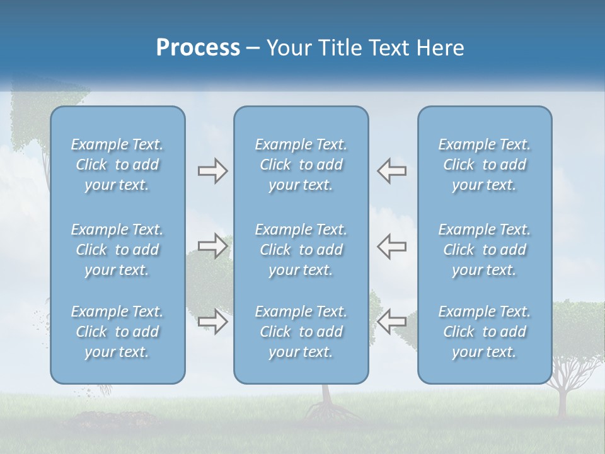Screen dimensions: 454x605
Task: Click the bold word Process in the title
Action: (198, 48)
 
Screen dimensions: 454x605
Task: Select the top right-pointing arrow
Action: (212, 171)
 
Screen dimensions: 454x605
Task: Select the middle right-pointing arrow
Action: (212, 246)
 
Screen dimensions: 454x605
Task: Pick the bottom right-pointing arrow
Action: (212, 322)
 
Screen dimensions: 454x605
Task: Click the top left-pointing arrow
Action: (391, 171)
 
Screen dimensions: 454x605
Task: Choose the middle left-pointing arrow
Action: (391, 246)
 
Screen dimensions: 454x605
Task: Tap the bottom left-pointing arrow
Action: (391, 322)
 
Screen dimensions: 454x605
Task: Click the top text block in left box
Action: (117, 165)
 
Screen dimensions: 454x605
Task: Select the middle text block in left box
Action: (117, 250)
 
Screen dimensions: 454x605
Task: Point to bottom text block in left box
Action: (117, 332)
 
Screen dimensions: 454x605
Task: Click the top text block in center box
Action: (301, 165)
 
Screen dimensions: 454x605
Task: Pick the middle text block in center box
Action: (301, 250)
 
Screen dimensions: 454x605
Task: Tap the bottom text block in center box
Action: (301, 332)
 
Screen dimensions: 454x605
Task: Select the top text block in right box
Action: (484, 165)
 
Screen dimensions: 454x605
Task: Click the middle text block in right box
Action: (484, 250)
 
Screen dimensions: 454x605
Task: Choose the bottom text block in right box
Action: (484, 332)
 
